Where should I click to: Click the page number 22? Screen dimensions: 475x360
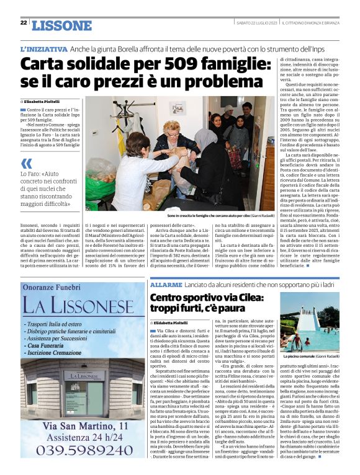click(x=24, y=23)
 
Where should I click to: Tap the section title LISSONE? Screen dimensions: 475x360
click(x=61, y=25)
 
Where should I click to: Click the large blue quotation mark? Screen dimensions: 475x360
click(x=26, y=164)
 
